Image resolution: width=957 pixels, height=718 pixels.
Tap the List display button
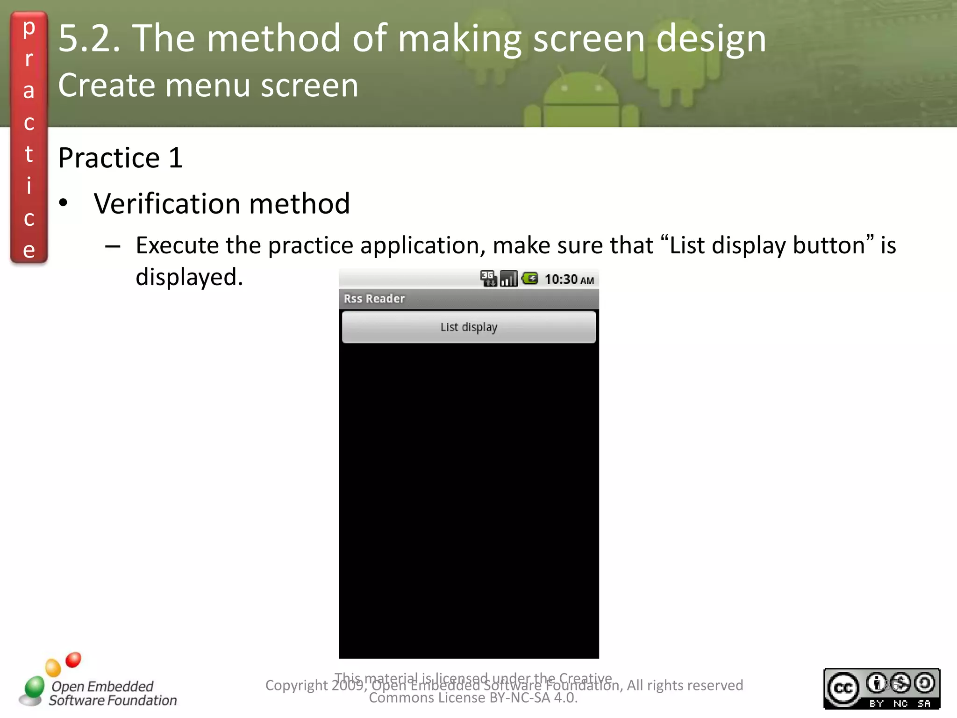[x=469, y=327]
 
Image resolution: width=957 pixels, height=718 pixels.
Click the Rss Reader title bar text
[x=374, y=299]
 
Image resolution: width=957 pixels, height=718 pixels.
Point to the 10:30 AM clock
[x=569, y=280]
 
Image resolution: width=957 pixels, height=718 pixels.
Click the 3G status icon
[x=488, y=279]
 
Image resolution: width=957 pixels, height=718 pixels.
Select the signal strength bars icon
[x=508, y=279]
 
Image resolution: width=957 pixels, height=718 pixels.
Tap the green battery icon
[x=530, y=279]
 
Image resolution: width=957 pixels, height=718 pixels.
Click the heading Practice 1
[x=120, y=158]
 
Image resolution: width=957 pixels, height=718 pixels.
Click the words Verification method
[x=221, y=204]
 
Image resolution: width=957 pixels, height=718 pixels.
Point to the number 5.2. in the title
[x=89, y=38]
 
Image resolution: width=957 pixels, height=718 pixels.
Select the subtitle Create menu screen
[x=208, y=86]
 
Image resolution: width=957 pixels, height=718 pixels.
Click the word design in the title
[x=711, y=38]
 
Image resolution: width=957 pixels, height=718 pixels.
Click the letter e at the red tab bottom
[x=29, y=250]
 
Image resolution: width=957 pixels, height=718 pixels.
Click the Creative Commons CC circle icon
[x=843, y=688]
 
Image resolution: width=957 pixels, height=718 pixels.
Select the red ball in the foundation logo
[x=73, y=660]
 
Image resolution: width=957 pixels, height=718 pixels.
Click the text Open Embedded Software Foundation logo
[x=112, y=693]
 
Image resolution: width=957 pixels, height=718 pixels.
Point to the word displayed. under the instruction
[x=189, y=277]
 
